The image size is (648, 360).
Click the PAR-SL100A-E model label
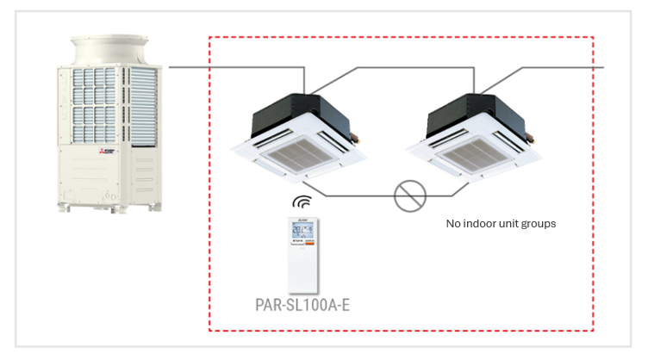coord(302,305)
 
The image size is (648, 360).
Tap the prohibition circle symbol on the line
coord(410,196)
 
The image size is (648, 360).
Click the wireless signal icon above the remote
coord(302,202)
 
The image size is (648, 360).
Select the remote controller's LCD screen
coord(303,230)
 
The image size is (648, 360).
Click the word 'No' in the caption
coord(453,223)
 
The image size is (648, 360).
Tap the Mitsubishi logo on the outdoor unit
coord(107,151)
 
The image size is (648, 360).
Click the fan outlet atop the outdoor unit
coord(109,50)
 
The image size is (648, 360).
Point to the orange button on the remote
coord(309,244)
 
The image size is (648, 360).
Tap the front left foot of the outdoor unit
coord(63,208)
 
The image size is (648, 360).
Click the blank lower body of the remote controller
coord(303,270)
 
